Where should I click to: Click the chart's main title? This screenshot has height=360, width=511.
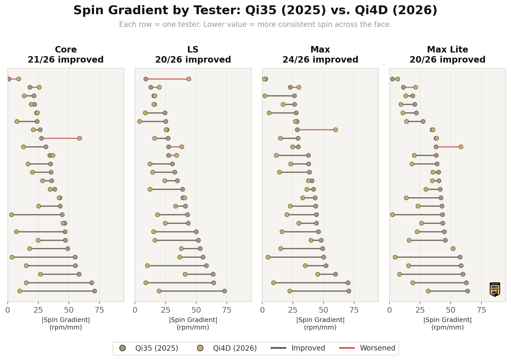255,11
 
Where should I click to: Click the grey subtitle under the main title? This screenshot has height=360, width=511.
255,25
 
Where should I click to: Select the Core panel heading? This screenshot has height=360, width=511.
66,55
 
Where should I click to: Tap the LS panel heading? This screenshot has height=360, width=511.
193,55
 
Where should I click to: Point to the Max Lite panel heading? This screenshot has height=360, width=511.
447,55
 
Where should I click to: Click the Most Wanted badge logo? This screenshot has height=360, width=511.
495,289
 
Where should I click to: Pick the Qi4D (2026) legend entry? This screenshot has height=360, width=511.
227,348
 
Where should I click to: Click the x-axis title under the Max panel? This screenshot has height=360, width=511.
320,323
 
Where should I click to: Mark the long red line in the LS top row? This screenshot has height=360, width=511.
167,79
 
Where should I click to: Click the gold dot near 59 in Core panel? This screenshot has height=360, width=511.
80,138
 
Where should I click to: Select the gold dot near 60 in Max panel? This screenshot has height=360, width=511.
335,130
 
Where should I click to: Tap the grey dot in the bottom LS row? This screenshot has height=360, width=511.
225,291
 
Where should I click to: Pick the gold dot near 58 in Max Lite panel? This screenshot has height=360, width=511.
461,147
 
